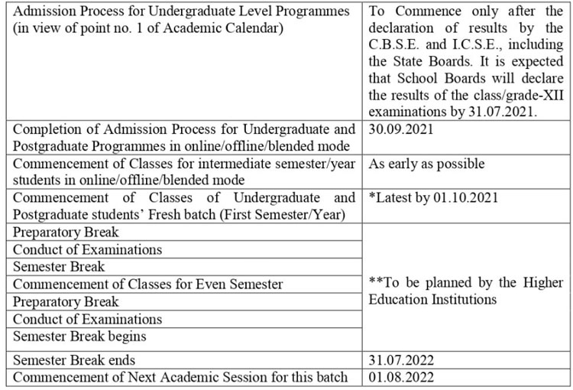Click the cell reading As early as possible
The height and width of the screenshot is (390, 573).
426,164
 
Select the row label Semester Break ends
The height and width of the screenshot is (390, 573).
74,359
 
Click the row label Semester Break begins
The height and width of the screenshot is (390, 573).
79,336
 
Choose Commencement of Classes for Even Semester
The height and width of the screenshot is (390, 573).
148,284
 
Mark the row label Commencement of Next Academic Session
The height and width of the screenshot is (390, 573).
180,377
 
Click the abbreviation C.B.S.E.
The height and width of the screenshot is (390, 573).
397,45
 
